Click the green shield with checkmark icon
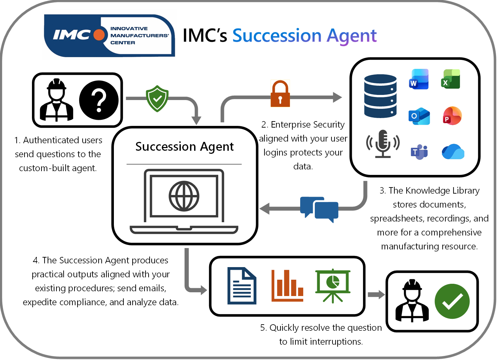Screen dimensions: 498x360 [157, 99]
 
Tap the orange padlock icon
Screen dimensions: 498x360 [280, 94]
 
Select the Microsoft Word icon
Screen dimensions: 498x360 [419, 79]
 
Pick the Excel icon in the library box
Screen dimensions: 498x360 [450, 79]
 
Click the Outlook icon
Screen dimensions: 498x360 [419, 116]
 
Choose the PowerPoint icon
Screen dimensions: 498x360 [452, 116]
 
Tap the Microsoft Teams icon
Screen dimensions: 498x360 [419, 152]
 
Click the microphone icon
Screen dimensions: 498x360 [383, 144]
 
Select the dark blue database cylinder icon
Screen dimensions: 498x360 [380, 96]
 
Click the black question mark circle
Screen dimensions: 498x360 [99, 100]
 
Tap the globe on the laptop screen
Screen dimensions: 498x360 [184, 196]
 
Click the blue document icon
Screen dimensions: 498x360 [242, 286]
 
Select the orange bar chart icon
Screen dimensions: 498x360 [287, 286]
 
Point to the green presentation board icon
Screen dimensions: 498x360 [332, 286]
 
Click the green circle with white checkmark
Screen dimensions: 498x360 [452, 301]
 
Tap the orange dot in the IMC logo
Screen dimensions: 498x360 [99, 35]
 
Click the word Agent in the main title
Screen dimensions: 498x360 [351, 36]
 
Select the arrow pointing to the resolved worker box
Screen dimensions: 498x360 [376, 295]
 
